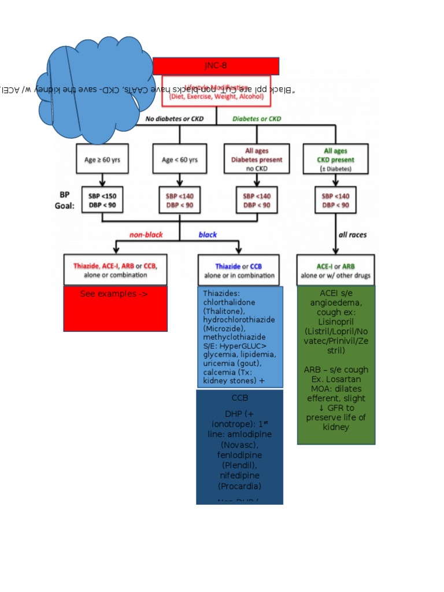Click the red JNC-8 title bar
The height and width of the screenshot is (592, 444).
click(x=216, y=66)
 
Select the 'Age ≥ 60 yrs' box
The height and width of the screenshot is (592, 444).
click(x=102, y=160)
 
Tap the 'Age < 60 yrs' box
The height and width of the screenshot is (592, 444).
click(x=179, y=160)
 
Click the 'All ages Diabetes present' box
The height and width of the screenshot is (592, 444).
click(x=256, y=159)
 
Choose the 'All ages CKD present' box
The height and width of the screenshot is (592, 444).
click(x=335, y=159)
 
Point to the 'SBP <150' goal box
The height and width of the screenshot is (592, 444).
click(x=102, y=200)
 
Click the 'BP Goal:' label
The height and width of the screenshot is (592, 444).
click(x=67, y=199)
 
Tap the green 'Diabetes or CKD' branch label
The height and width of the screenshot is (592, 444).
click(x=257, y=119)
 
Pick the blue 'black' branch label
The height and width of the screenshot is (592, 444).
click(x=208, y=235)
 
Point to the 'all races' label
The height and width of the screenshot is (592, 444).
click(x=352, y=235)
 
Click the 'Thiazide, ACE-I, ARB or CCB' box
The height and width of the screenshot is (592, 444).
click(x=115, y=269)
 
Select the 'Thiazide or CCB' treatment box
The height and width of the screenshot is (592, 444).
click(x=239, y=270)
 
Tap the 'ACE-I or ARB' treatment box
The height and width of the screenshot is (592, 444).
click(x=335, y=270)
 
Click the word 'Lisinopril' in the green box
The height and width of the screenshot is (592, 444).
click(x=335, y=321)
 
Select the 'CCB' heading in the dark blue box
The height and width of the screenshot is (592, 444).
click(x=239, y=398)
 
